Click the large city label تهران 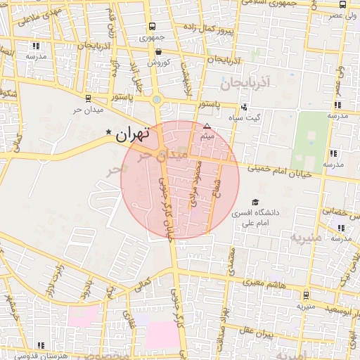tap(134, 134)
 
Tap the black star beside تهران tap(108, 132)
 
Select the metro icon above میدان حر tap(87, 98)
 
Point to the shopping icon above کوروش tap(159, 51)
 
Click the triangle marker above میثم tap(207, 127)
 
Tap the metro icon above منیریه tap(307, 296)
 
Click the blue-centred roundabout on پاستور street tap(157, 100)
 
